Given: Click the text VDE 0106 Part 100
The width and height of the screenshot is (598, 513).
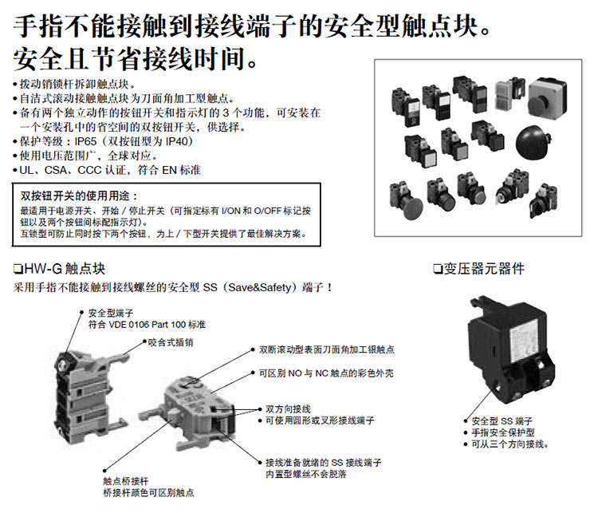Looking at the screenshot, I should (148, 326).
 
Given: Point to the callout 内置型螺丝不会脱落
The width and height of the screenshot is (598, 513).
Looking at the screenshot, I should (310, 474).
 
